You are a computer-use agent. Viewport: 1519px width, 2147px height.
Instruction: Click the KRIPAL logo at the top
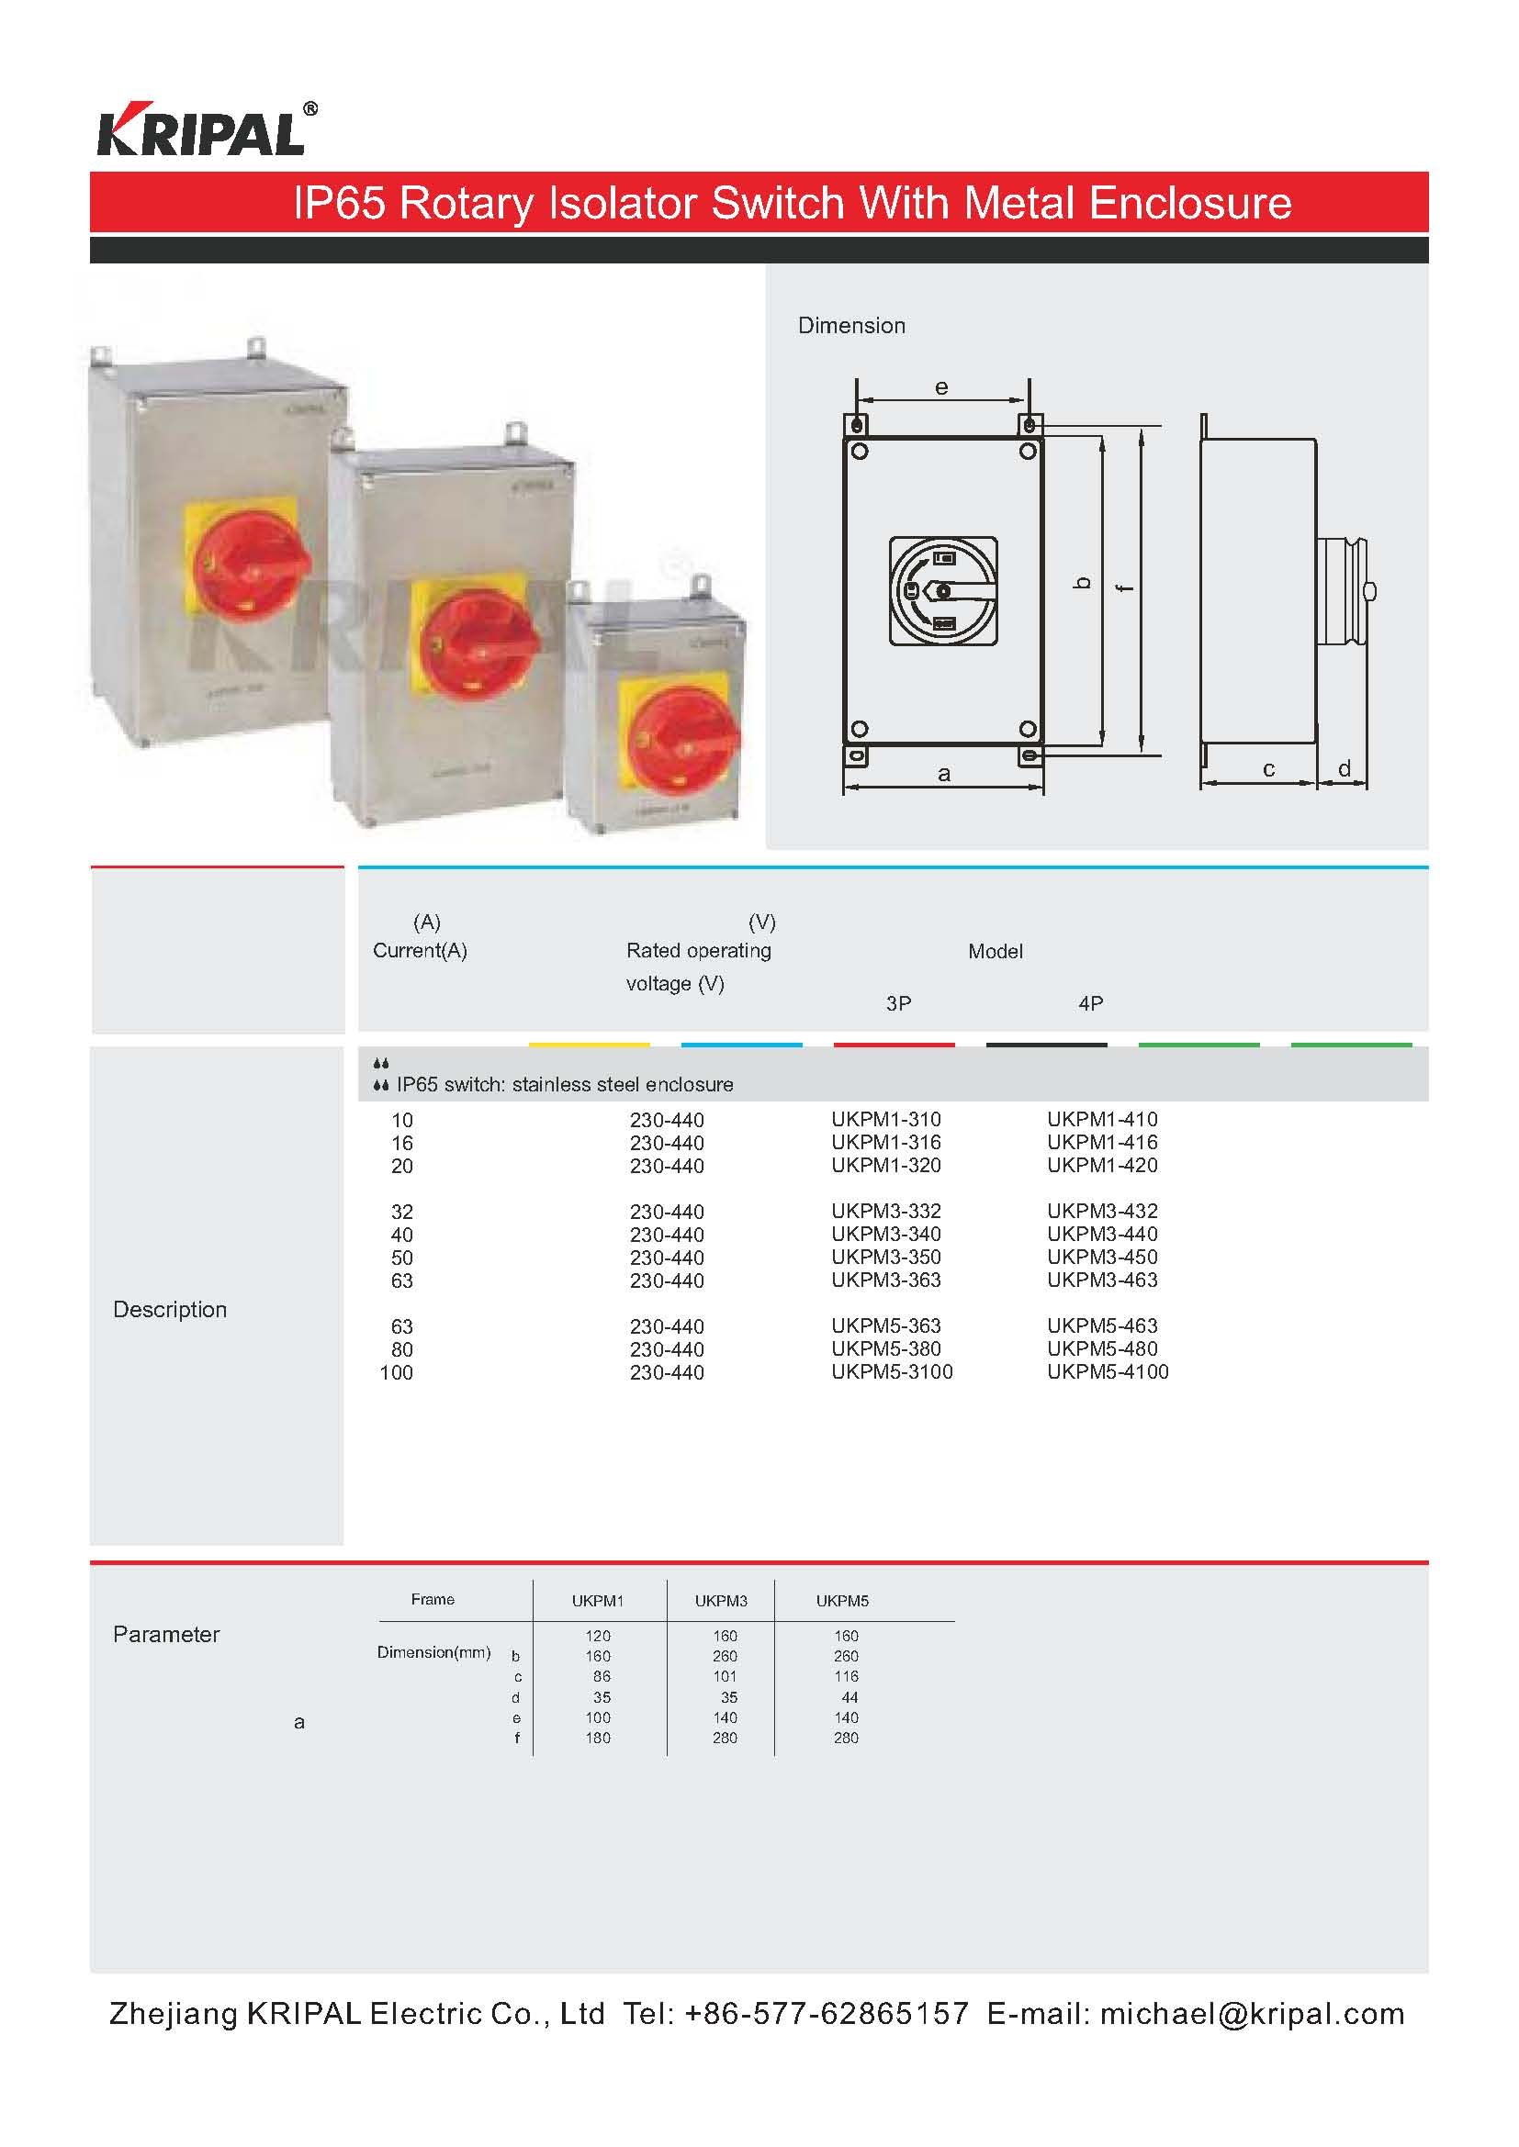(x=207, y=129)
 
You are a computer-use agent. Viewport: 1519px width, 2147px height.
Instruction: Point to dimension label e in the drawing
(x=942, y=387)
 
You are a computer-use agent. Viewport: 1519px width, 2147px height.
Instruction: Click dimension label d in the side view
(x=1345, y=767)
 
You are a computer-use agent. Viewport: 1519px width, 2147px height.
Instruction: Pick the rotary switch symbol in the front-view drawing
(x=943, y=591)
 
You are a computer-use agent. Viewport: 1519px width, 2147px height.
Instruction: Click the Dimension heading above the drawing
(x=851, y=326)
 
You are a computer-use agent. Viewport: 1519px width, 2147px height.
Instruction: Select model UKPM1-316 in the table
(x=885, y=1142)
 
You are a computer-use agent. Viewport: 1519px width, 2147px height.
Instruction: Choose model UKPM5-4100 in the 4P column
(x=1108, y=1371)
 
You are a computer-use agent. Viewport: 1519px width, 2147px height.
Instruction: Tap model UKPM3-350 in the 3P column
(x=885, y=1257)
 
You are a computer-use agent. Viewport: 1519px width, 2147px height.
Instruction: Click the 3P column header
(x=898, y=1003)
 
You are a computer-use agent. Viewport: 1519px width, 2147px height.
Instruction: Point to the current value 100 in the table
(x=396, y=1372)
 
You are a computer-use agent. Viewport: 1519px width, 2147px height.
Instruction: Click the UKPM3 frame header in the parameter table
(x=721, y=1601)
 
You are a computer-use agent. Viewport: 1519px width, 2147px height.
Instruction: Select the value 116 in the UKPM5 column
(x=847, y=1677)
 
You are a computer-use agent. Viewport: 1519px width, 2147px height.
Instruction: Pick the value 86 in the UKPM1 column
(x=602, y=1677)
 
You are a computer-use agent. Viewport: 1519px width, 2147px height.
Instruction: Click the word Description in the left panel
(x=170, y=1309)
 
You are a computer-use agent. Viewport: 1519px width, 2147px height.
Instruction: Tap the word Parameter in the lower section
(x=166, y=1634)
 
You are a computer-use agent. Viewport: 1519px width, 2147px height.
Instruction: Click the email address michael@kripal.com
(x=1253, y=2013)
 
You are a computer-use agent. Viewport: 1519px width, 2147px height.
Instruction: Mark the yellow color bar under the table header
(x=590, y=1045)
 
